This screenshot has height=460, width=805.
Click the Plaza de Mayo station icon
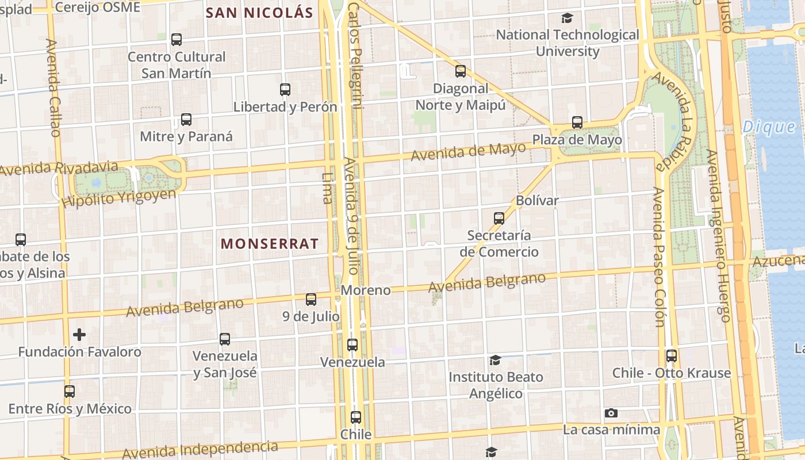[577, 122]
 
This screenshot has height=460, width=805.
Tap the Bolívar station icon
[499, 218]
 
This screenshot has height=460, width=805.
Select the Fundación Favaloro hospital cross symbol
[79, 335]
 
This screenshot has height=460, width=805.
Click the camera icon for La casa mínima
[611, 413]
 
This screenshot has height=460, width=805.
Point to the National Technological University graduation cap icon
[568, 18]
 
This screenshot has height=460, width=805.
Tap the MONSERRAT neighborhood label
[270, 244]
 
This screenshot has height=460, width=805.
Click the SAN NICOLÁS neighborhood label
[259, 13]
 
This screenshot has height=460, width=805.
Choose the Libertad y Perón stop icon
[285, 90]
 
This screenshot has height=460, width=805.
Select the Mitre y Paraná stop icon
[186, 120]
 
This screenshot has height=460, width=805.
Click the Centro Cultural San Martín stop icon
[177, 40]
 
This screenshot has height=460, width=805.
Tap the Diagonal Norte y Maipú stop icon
[461, 71]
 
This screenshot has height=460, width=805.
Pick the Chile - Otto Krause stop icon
[672, 356]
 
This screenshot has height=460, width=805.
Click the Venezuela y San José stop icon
[225, 339]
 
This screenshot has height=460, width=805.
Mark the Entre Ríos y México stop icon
[70, 392]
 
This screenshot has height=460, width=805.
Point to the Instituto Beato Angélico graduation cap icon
[495, 361]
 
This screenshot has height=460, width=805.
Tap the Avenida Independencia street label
[200, 450]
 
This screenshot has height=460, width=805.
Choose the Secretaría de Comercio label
[499, 244]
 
